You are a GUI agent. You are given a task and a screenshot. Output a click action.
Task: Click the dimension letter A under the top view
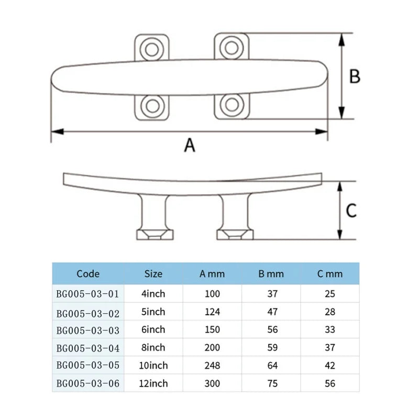[190, 145]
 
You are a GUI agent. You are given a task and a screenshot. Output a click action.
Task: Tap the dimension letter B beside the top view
[355, 76]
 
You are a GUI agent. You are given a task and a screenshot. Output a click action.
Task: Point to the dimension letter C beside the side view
[351, 210]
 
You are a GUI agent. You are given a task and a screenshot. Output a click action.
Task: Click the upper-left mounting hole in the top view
[152, 49]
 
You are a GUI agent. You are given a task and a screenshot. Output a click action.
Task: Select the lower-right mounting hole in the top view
[230, 106]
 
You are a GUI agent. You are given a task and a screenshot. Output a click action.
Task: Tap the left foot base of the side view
[154, 234]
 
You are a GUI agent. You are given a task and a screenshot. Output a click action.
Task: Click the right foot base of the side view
[235, 234]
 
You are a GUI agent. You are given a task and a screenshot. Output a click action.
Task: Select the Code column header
[88, 273]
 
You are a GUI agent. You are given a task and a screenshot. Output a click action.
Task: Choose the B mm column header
[271, 273]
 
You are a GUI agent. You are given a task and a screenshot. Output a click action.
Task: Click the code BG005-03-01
[88, 294]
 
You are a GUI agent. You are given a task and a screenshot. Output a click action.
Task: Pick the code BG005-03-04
[88, 348]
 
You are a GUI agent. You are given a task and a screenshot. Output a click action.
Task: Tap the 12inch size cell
[153, 383]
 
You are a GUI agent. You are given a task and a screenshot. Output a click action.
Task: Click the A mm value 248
[212, 366]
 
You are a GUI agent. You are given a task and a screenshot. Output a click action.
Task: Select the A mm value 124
[212, 312]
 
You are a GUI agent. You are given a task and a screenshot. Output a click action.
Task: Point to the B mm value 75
[272, 383]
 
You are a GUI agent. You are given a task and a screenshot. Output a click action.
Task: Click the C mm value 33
[330, 330]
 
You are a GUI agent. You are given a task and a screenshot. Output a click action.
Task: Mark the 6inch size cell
[153, 330]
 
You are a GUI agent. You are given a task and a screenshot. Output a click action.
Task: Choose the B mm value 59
[272, 348]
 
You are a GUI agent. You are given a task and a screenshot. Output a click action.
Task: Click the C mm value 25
[330, 294]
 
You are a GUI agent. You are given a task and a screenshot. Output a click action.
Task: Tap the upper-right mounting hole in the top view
[230, 48]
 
